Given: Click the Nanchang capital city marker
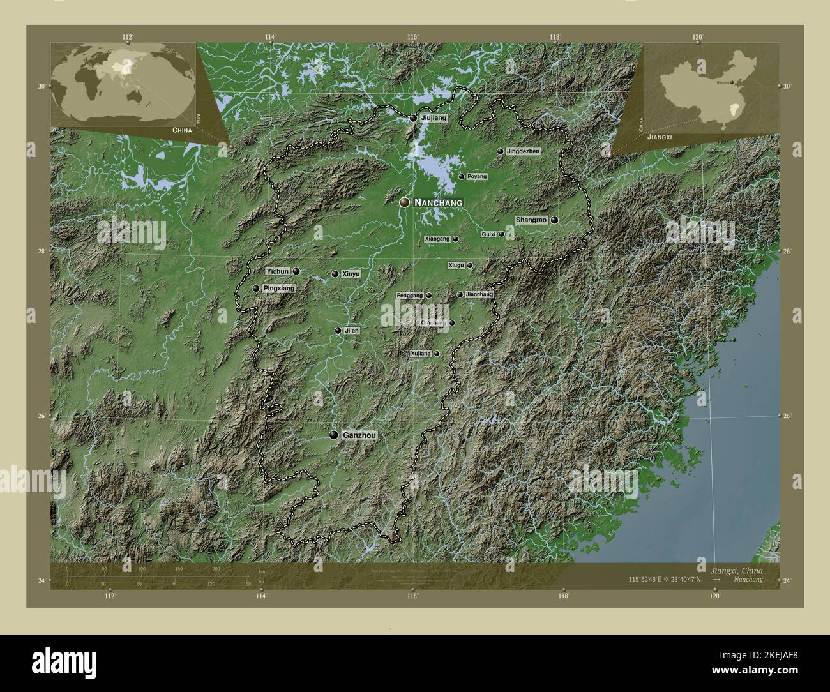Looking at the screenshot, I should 404,202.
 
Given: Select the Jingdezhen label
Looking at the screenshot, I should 523,151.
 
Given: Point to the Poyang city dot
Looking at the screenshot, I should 461,176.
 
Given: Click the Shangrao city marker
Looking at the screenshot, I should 555,220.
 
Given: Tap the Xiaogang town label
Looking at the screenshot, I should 437,239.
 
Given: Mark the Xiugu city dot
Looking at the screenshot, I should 470,266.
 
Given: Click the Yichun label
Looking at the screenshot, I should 278,271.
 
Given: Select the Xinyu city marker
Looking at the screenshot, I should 335,274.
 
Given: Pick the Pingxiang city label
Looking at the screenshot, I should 279,289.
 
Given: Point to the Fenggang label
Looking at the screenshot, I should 409,296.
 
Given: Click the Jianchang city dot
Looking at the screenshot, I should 460,294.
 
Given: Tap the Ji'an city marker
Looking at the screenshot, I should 338,331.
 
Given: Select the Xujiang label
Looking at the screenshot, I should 421,353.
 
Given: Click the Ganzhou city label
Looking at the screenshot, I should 359,435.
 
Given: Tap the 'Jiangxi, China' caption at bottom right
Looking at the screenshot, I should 734,569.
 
